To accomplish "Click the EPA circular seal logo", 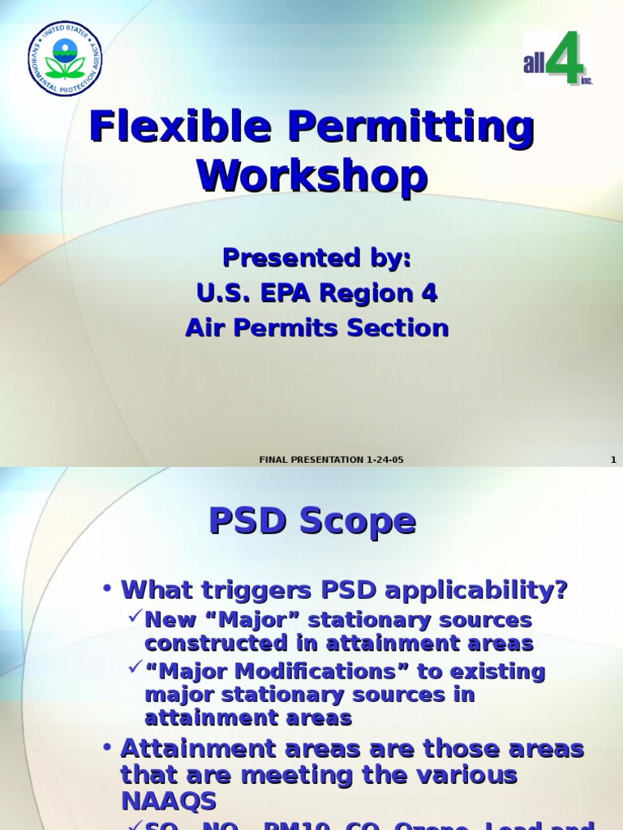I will [65, 59].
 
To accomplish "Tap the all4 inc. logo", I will [557, 59].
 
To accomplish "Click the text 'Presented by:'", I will [317, 258].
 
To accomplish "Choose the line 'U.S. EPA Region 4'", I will [317, 293].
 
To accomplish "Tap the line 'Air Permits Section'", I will [317, 328].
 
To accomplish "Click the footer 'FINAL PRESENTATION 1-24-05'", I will [331, 460].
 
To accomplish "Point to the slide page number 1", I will [613, 460].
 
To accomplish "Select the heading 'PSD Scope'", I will [312, 520].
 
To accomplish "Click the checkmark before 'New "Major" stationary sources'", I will [135, 618].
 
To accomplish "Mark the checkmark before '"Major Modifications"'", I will [135, 669].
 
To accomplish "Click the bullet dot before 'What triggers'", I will [107, 590].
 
